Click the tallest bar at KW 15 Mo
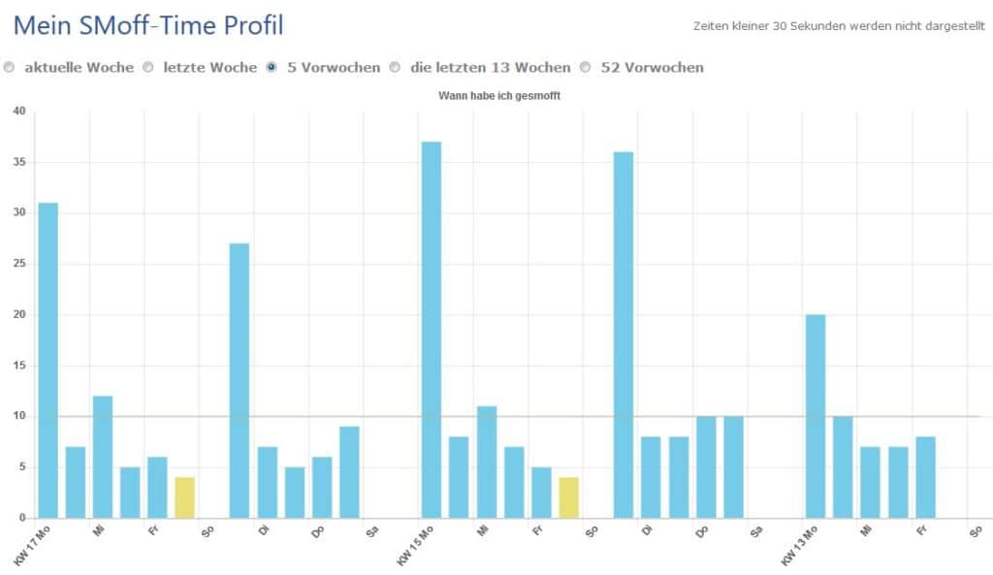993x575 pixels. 432,330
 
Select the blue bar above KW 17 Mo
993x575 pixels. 48,361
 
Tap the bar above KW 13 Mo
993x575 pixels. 816,416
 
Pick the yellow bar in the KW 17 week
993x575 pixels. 185,497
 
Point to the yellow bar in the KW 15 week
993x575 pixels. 568,497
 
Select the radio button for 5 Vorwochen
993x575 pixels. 272,67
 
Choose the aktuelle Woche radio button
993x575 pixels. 9,67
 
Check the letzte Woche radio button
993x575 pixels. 148,67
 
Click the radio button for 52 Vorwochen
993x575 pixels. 585,67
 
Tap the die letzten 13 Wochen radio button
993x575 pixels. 395,67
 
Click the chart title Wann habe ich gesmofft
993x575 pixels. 499,96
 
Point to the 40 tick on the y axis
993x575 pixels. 19,111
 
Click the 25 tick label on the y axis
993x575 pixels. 19,264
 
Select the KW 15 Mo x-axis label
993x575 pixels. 415,545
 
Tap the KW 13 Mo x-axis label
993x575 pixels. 799,545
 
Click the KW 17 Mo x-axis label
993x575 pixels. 31,545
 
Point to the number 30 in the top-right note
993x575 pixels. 779,26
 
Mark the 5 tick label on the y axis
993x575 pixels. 23,466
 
